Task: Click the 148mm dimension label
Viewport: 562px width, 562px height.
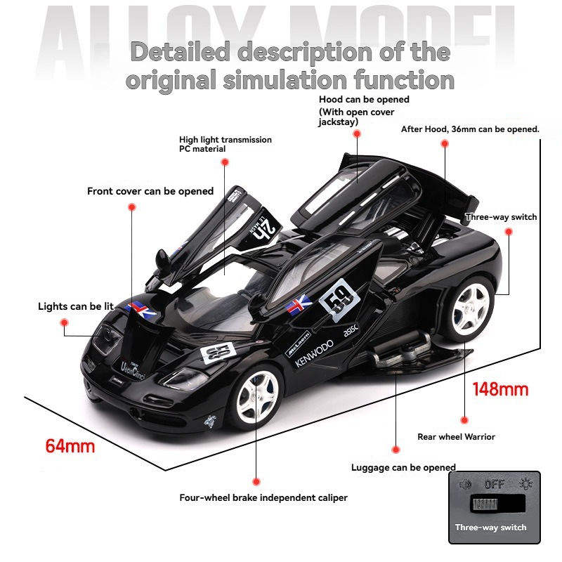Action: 500,388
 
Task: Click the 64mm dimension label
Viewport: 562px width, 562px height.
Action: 70,445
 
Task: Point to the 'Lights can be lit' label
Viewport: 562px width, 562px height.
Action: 76,306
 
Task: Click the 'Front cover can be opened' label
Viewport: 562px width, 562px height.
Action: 150,191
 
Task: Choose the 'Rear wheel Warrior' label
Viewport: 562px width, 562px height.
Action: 456,436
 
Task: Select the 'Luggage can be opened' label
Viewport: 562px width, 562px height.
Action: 403,467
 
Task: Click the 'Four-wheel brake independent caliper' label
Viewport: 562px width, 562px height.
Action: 263,498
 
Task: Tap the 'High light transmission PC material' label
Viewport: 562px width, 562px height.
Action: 225,144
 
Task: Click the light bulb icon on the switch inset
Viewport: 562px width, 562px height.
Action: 526,484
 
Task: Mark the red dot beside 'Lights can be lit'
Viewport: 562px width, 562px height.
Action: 63,322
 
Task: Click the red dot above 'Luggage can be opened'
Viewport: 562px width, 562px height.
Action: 396,448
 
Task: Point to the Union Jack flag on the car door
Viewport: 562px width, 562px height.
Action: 300,303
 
